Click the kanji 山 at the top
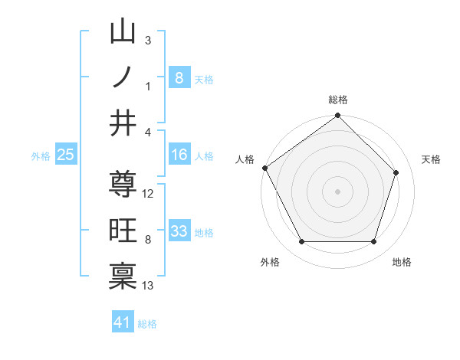click(x=123, y=32)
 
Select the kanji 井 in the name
click(x=123, y=123)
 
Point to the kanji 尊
click(x=123, y=185)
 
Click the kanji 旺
click(x=123, y=231)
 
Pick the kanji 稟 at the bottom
click(x=123, y=277)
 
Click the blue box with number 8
click(x=179, y=77)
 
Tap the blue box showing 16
click(x=179, y=155)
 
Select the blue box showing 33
click(x=179, y=231)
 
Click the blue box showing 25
click(x=65, y=155)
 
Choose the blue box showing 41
click(x=123, y=322)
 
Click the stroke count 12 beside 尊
click(x=149, y=194)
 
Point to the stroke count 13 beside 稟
click(x=149, y=286)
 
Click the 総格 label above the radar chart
click(x=338, y=100)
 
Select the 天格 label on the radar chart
click(x=432, y=159)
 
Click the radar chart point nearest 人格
click(x=265, y=168)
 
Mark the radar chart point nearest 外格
click(x=301, y=242)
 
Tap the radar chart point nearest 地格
click(x=374, y=242)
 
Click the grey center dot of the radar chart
click(x=338, y=191)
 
